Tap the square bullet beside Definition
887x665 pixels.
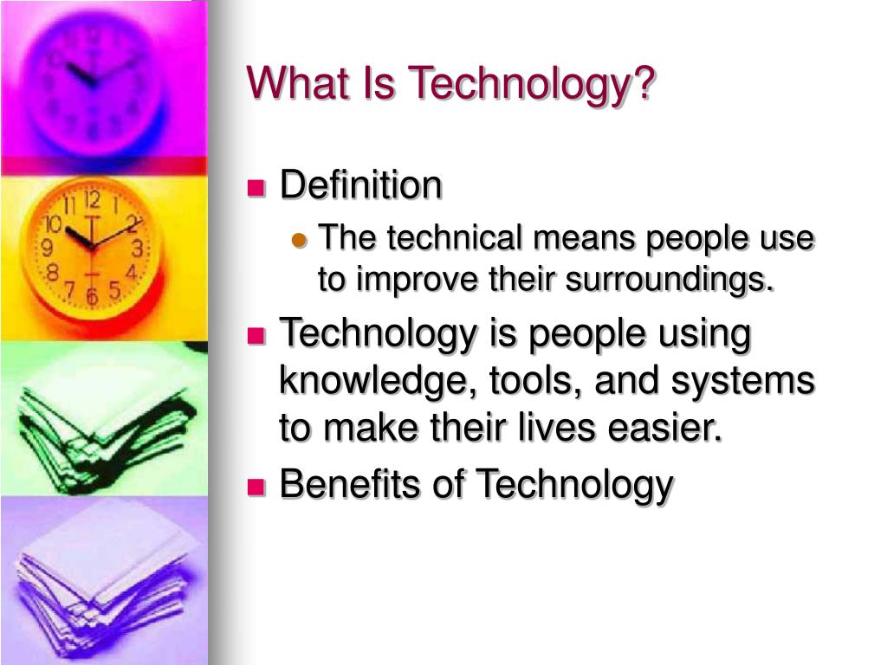pyautogui.click(x=256, y=188)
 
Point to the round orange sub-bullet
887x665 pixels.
pyautogui.click(x=300, y=242)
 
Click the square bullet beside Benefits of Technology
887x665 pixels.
pyautogui.click(x=256, y=487)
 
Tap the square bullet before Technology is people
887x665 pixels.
pyautogui.click(x=256, y=337)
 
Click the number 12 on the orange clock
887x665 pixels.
pyautogui.click(x=94, y=202)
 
